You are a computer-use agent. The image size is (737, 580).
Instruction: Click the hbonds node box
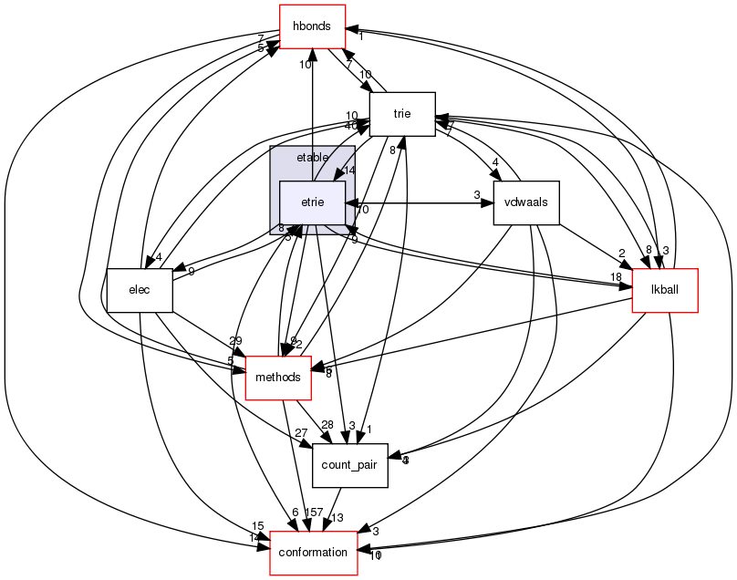(x=312, y=26)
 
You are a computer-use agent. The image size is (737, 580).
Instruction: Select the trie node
(x=401, y=114)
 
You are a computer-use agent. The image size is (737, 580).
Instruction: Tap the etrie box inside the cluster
(x=312, y=202)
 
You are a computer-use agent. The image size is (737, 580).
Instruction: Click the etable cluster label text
(x=312, y=158)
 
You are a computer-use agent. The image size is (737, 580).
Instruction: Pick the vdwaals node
(x=525, y=202)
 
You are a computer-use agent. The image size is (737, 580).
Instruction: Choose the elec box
(x=140, y=290)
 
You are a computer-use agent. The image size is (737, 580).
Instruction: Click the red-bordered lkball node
(x=665, y=290)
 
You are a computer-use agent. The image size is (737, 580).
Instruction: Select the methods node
(x=279, y=378)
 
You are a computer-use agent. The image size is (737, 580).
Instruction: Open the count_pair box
(x=350, y=465)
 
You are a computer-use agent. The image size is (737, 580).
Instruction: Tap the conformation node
(x=313, y=553)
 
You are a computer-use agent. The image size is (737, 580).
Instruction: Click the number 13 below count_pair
(x=337, y=518)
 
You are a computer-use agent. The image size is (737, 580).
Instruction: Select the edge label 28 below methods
(x=327, y=425)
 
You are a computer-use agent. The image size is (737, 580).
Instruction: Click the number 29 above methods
(x=235, y=340)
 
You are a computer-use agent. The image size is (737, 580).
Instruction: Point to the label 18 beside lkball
(x=617, y=276)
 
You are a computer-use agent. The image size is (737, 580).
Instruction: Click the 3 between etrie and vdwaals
(x=476, y=194)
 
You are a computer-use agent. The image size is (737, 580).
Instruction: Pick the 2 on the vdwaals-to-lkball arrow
(x=621, y=254)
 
